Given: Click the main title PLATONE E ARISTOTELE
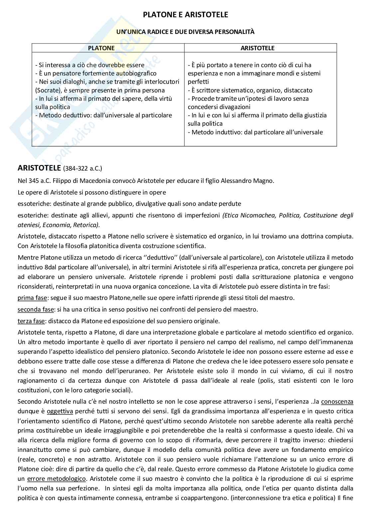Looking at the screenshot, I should (x=185, y=15).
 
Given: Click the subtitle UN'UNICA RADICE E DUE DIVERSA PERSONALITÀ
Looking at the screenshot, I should (x=185, y=32).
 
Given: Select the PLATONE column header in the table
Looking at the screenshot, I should (x=101, y=48).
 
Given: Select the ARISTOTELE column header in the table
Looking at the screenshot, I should (x=257, y=48).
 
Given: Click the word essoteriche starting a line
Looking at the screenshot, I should (x=33, y=203).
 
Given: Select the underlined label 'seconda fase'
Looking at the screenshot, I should (x=35, y=309).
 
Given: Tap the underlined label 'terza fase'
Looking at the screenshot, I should (x=31, y=321).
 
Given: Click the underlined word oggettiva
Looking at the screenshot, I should (x=60, y=411).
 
